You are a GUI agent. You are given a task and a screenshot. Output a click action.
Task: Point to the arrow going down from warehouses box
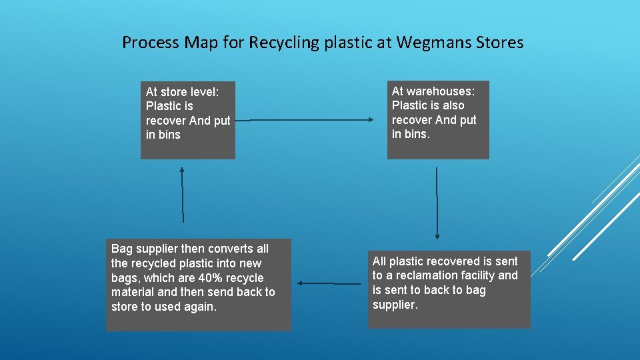(x=437, y=203)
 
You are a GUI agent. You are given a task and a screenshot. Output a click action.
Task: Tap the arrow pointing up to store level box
(x=181, y=194)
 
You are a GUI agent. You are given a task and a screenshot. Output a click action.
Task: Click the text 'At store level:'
(x=182, y=92)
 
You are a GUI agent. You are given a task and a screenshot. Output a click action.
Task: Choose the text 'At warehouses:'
(x=433, y=91)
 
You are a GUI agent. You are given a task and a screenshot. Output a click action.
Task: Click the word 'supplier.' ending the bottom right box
(x=395, y=305)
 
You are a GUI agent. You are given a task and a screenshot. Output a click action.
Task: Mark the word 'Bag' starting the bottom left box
(x=121, y=249)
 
